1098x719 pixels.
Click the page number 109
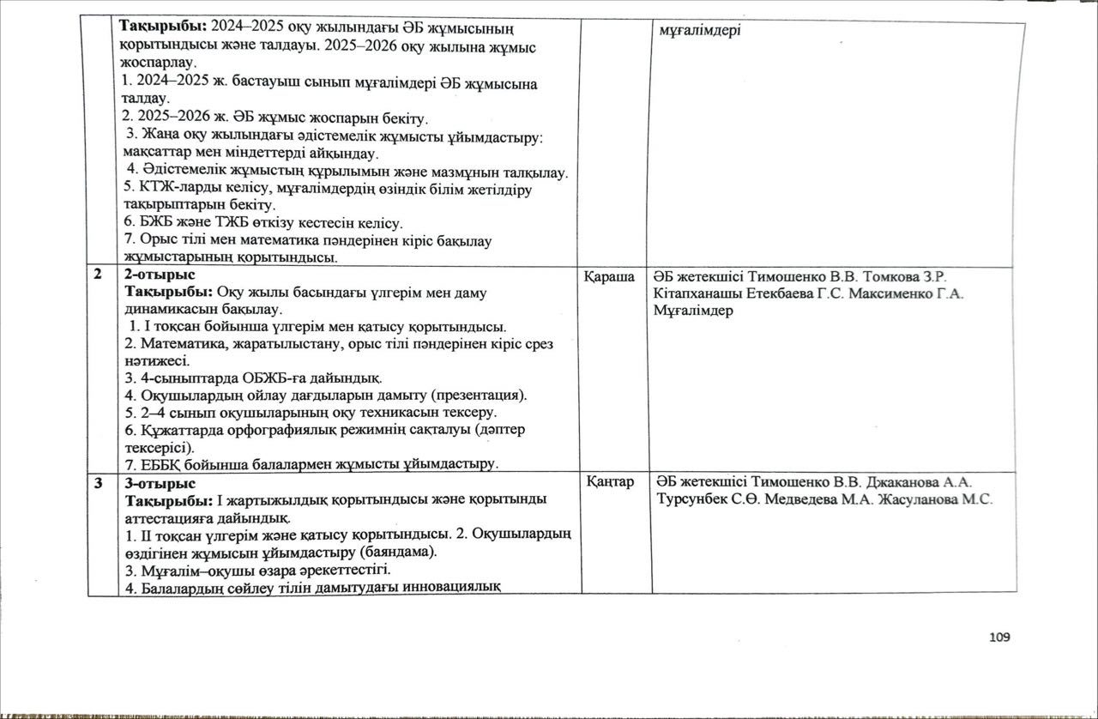pos(998,637)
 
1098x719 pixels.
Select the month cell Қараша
pos(610,276)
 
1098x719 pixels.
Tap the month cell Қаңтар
pos(610,483)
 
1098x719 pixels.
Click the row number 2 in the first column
pos(99,275)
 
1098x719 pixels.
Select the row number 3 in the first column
pos(99,483)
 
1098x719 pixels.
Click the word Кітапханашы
pos(690,294)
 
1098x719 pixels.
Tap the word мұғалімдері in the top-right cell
pos(701,31)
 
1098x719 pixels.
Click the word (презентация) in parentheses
pos(480,396)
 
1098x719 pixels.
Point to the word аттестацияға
pos(168,517)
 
